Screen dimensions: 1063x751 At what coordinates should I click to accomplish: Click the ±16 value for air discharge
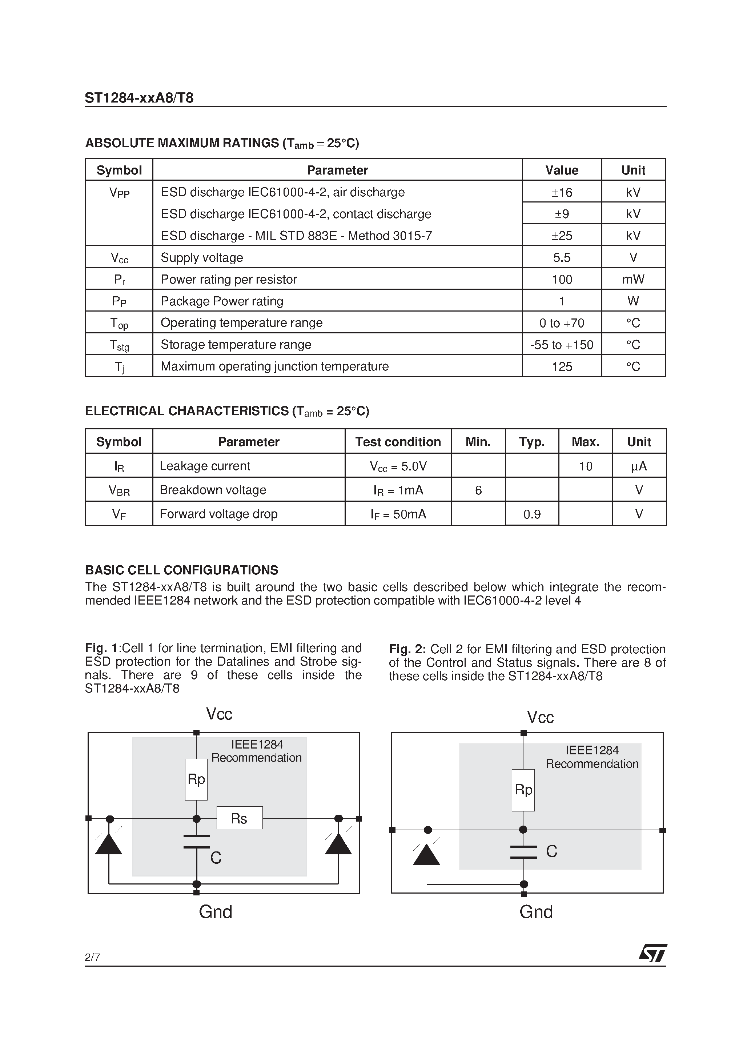pyautogui.click(x=562, y=192)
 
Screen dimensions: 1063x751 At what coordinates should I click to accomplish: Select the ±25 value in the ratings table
pyautogui.click(x=562, y=236)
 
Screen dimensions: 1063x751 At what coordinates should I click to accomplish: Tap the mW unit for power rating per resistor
pyautogui.click(x=633, y=279)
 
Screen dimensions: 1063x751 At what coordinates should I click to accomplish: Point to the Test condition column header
pyautogui.click(x=398, y=442)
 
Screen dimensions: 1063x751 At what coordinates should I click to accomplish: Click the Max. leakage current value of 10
pyautogui.click(x=585, y=466)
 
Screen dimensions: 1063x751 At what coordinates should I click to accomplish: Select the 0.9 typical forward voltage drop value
pyautogui.click(x=531, y=514)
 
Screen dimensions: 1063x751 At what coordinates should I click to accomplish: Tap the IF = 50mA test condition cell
pyautogui.click(x=398, y=514)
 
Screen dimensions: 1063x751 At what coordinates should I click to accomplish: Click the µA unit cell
pyautogui.click(x=639, y=466)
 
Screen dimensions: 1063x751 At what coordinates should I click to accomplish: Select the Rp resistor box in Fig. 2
pyautogui.click(x=523, y=790)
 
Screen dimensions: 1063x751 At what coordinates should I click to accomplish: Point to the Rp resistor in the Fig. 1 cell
pyautogui.click(x=196, y=779)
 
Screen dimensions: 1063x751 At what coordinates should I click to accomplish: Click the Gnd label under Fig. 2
pyautogui.click(x=536, y=912)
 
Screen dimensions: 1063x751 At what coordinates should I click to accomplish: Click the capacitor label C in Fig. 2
pyautogui.click(x=551, y=851)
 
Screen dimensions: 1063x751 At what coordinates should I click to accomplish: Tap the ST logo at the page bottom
pyautogui.click(x=652, y=954)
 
